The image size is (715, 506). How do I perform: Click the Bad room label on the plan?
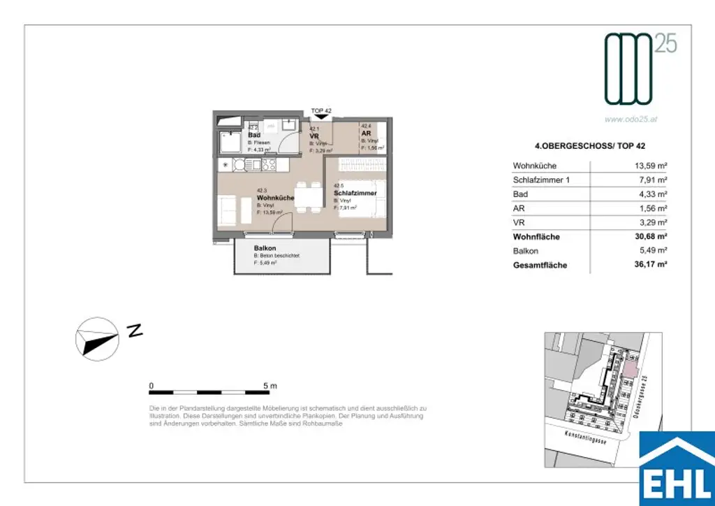point(254,135)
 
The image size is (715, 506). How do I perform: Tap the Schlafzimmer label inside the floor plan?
point(355,193)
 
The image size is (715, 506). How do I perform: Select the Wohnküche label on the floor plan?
point(275,198)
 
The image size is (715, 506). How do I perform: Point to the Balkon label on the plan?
point(265,248)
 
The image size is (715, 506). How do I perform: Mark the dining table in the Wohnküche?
point(307,195)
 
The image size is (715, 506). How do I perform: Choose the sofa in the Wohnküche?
point(228,209)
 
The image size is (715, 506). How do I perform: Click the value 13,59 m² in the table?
point(648,166)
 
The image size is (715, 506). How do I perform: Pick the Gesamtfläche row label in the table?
point(540,266)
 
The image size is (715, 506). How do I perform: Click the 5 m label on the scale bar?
point(270,386)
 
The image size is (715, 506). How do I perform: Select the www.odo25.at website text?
point(631,119)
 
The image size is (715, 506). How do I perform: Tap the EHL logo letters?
point(677,484)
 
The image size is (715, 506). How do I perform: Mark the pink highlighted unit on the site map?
point(630,369)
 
